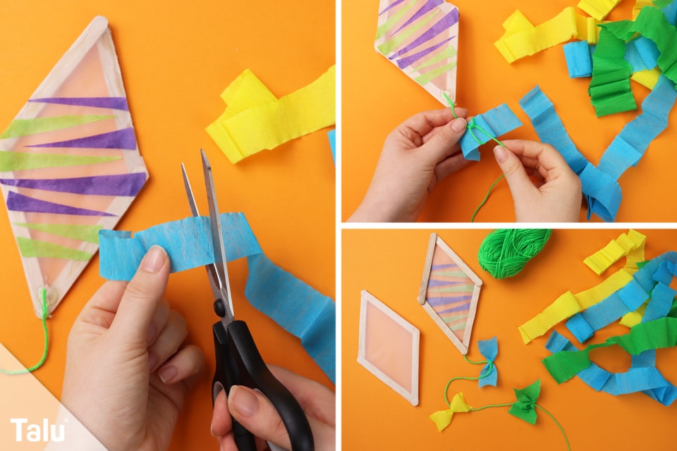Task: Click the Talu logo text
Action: (x=38, y=429)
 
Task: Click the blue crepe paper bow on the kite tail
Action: (x=488, y=362)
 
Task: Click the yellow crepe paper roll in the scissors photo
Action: (x=270, y=116)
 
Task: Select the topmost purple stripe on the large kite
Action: (x=80, y=104)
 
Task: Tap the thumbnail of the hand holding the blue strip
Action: (x=154, y=258)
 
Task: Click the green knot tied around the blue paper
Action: (x=472, y=128)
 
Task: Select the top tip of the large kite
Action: (x=100, y=18)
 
